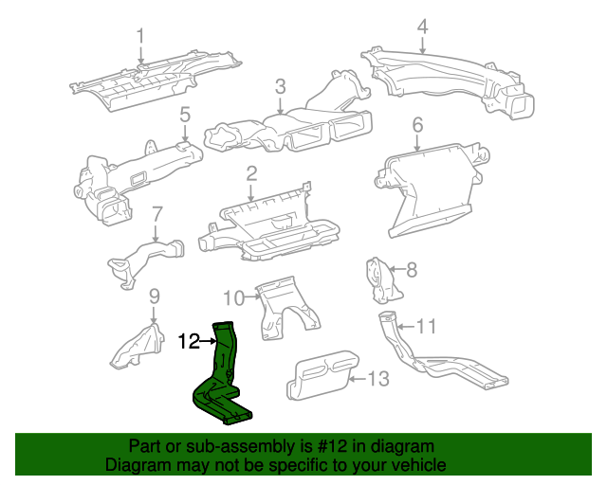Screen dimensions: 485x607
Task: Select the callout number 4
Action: pos(422,25)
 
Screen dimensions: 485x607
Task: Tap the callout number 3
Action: pos(281,87)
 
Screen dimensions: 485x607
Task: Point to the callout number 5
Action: pos(185,116)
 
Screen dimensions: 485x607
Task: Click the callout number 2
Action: pos(251,174)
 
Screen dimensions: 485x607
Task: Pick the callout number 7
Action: pos(157,214)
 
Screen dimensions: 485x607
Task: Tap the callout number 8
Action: pos(411,270)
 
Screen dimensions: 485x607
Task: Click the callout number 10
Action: pos(234,296)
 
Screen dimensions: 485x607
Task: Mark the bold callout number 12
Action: pos(189,342)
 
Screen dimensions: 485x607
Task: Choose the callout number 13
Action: pos(377,379)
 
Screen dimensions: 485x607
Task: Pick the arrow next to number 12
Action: pos(208,342)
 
